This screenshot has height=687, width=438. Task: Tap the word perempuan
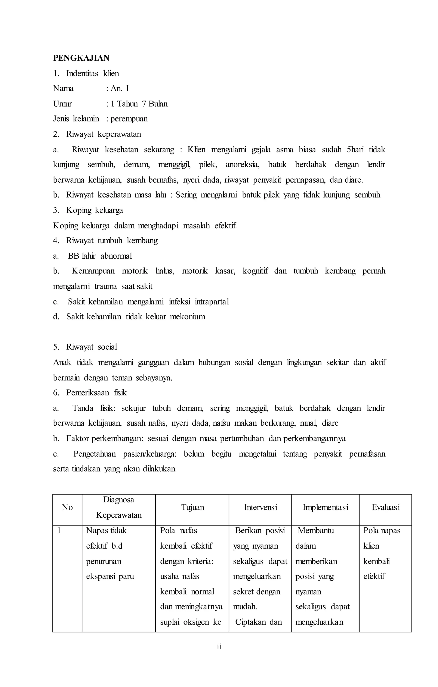[x=129, y=119]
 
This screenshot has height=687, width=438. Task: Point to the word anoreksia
[x=242, y=165]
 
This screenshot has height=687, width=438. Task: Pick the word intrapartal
[x=212, y=302]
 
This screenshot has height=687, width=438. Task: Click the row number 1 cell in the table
[x=59, y=531]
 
